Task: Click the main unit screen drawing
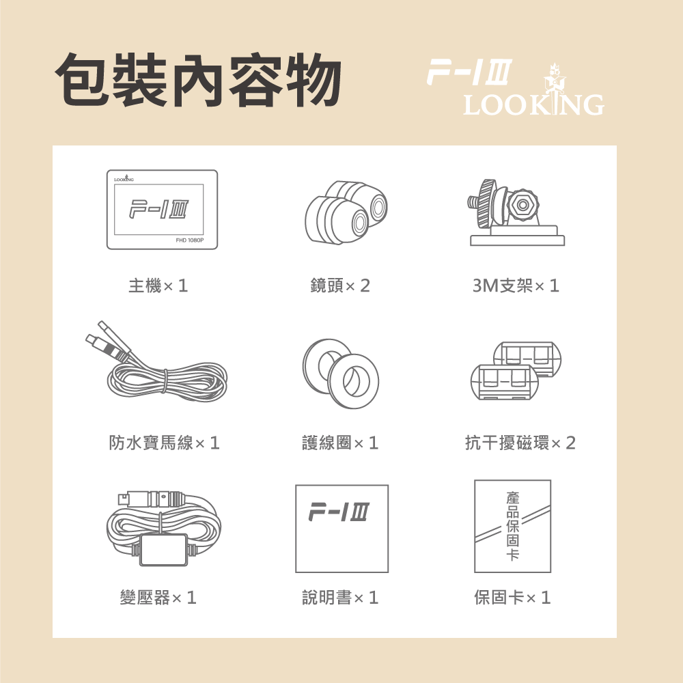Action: [162, 209]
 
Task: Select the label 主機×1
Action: [158, 285]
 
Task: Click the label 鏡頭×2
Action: [339, 285]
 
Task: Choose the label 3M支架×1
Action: [516, 285]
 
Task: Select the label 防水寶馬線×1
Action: [164, 443]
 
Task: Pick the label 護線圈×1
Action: [339, 443]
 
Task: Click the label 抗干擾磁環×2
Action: [520, 443]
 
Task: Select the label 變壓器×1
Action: [158, 598]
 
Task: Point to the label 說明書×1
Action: [339, 598]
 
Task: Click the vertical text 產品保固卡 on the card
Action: [513, 525]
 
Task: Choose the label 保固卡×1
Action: [512, 598]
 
